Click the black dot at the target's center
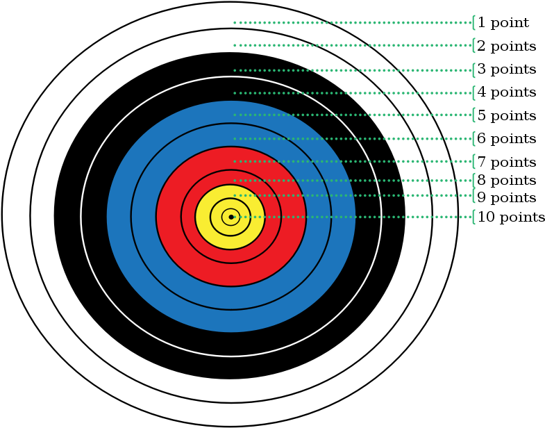231,217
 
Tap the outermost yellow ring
203,217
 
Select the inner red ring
188,217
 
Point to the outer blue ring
119,217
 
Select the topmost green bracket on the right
473,22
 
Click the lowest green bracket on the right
473,217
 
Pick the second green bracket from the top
473,45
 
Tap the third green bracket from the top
473,70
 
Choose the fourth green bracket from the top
473,93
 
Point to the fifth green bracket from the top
473,115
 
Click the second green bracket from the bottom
473,195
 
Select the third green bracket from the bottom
473,181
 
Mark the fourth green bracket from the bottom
473,161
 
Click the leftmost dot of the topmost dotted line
235,22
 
